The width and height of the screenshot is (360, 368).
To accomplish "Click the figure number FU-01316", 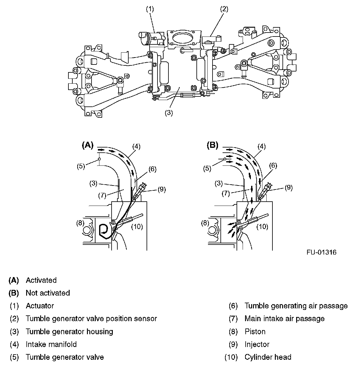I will (x=322, y=252).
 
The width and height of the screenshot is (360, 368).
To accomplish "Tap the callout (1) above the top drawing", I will (x=150, y=9).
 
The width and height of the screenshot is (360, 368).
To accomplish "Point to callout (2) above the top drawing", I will (x=224, y=9).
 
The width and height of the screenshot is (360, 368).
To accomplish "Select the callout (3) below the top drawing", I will (x=169, y=113).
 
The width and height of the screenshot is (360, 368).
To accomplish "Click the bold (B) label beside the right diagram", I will (x=213, y=145).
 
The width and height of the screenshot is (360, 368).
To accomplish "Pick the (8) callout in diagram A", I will (x=80, y=223).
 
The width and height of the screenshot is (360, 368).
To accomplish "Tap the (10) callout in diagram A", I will (x=137, y=227).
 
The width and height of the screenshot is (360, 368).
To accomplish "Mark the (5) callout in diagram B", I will (x=207, y=168).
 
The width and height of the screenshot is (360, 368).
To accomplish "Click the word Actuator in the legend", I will (x=40, y=306).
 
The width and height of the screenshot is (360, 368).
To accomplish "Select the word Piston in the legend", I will (x=255, y=332).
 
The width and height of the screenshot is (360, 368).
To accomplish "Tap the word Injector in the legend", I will (x=257, y=344).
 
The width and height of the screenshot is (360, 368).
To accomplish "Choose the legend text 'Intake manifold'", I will (x=51, y=344).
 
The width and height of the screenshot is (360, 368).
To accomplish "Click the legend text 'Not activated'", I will (x=48, y=293).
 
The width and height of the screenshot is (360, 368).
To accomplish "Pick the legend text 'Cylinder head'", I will (x=268, y=357).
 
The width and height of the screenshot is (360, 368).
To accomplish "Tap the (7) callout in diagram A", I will (x=102, y=196).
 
